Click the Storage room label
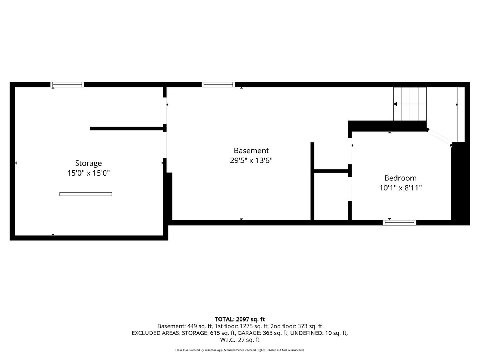coord(88,164)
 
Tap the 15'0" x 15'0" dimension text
coord(88,173)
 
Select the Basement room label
coord(251,151)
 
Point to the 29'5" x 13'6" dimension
coord(251,160)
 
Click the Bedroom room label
coord(400,178)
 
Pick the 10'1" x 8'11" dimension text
coord(400,188)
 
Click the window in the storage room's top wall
coord(67,84)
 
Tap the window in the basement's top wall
coord(218,84)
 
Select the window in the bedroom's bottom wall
coord(399,222)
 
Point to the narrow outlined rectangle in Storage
coord(86,194)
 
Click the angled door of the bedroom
coord(440,137)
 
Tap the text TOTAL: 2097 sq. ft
coord(240,319)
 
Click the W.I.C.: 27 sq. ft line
coord(240,340)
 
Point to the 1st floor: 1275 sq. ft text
coord(242,326)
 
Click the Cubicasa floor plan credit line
coord(240,350)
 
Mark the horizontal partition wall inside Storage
coord(128,128)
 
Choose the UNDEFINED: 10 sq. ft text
coord(319,333)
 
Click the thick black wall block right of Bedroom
coord(460,184)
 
